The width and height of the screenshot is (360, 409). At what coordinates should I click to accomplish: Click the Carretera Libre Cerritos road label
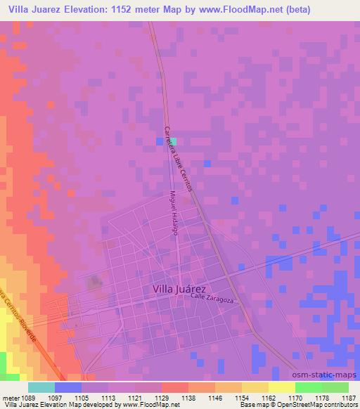click(178, 161)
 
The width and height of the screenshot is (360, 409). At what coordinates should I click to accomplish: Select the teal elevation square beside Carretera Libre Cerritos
click(172, 141)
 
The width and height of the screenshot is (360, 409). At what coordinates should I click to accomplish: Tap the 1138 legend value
click(188, 397)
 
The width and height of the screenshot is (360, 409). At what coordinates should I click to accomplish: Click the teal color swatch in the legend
click(42, 387)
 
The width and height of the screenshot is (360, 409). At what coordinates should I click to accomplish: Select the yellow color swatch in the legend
click(281, 387)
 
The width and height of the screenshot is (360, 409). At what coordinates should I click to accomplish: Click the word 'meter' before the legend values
click(10, 397)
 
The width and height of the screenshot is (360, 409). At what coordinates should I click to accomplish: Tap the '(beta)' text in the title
click(295, 9)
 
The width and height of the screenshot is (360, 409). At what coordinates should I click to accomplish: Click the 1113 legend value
click(109, 397)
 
